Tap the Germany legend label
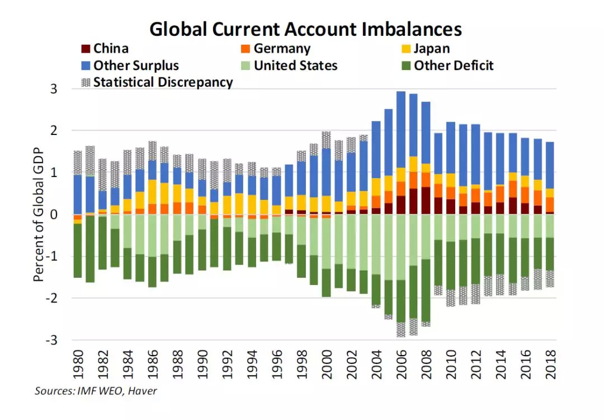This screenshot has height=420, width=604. click(x=282, y=49)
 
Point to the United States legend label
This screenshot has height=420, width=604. click(x=295, y=66)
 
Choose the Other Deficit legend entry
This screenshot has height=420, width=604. click(x=454, y=66)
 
